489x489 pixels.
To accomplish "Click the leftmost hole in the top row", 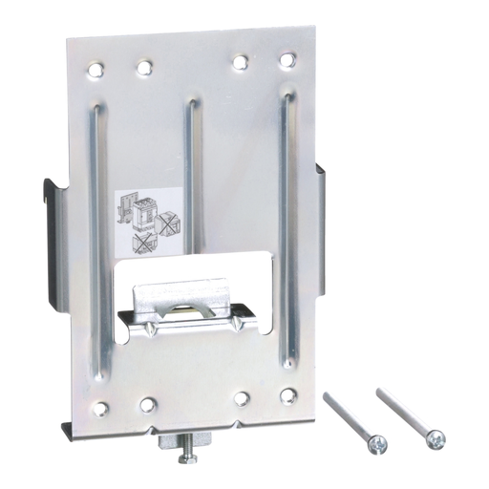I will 94,69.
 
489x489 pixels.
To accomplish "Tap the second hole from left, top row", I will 143,68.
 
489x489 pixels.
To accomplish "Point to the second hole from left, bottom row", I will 147,404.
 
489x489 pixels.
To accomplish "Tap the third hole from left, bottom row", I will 243,396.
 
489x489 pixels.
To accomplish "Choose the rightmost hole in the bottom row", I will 287,393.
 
